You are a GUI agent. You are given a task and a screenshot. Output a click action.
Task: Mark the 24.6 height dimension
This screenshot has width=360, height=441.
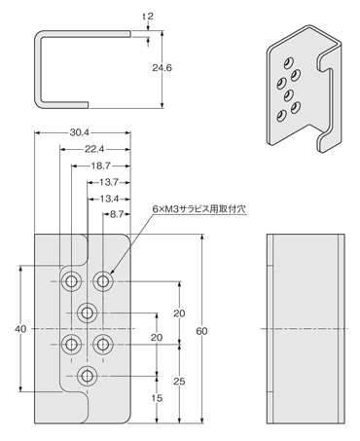(x=174, y=69)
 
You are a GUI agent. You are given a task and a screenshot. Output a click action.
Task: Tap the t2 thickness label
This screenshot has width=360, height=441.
(x=147, y=17)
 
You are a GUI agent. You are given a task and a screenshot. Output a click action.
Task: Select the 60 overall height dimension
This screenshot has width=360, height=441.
(x=201, y=331)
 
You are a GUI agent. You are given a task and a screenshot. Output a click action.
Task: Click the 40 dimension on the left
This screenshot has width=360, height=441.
(x=20, y=330)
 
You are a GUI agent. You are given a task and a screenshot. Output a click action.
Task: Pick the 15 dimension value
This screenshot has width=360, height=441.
(x=158, y=398)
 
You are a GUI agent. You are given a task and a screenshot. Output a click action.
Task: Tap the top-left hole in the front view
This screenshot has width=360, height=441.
(x=71, y=282)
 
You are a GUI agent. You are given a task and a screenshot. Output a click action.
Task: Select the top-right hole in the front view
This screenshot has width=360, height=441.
(x=103, y=281)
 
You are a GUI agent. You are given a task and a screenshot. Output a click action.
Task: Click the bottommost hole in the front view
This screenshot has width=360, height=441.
(x=88, y=375)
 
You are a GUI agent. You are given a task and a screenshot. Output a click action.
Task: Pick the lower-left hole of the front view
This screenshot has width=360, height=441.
(x=71, y=344)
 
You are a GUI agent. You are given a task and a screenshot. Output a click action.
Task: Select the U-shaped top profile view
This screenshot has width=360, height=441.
(x=83, y=68)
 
